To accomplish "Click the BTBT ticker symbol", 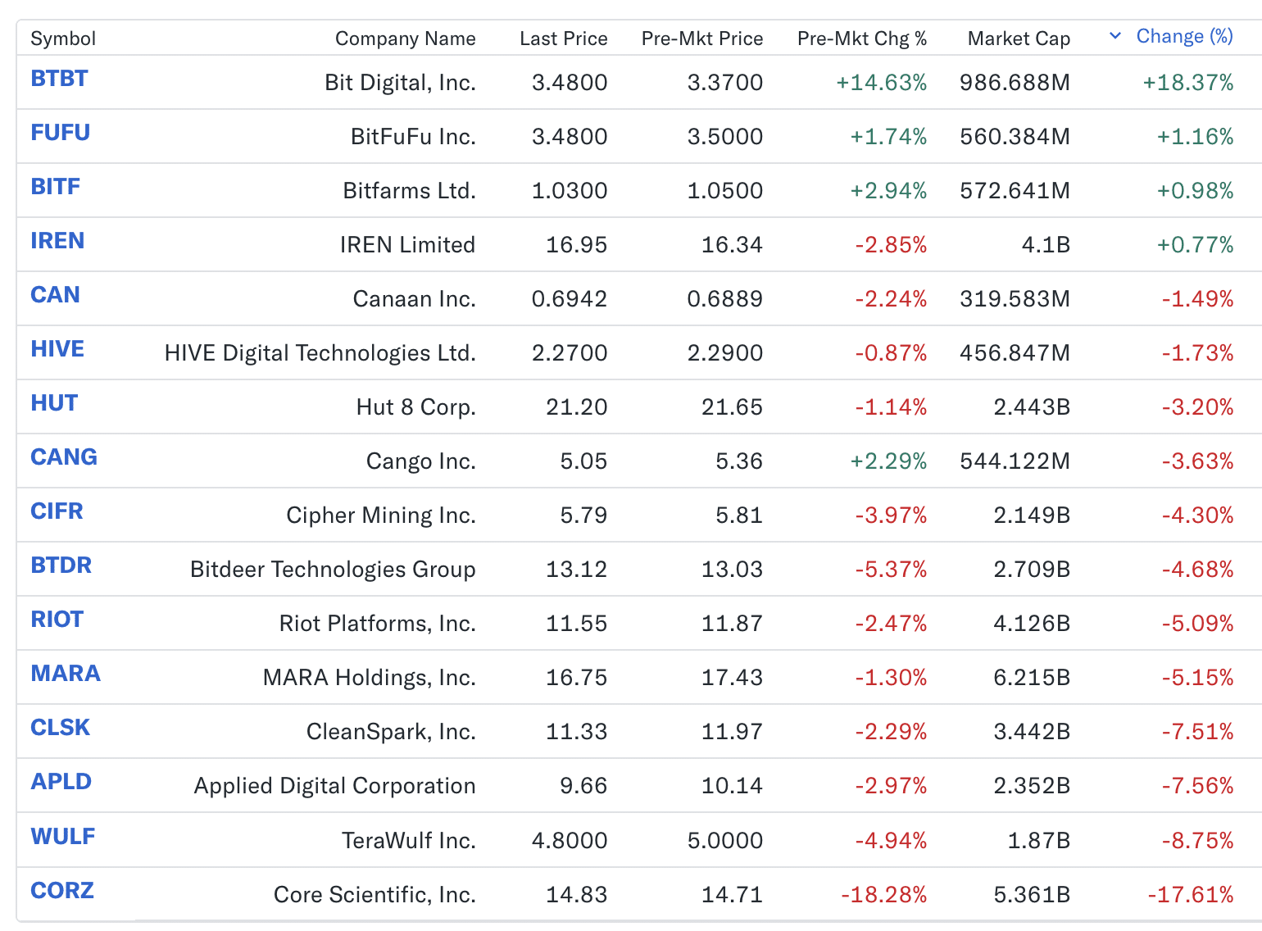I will point(59,79).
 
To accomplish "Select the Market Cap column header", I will point(1019,39).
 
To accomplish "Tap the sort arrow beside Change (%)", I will point(1114,36).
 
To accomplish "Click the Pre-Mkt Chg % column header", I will point(861,39).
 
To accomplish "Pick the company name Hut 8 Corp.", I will point(415,407).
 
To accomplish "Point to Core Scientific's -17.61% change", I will point(1190,895).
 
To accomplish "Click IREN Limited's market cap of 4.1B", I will point(1046,245).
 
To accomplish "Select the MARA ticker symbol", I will point(66,674).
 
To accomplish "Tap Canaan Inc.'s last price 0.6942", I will point(569,299).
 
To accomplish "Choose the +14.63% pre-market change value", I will point(881,83).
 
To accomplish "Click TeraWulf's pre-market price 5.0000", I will point(724,841).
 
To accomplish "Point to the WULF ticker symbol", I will point(63,837).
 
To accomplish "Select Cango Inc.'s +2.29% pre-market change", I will point(888,461).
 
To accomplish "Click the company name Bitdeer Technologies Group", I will point(333,570).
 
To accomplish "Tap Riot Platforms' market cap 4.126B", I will point(1032,624).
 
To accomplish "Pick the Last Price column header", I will point(563,39).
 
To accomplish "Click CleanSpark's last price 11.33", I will point(576,732).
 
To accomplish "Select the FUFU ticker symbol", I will point(61,133).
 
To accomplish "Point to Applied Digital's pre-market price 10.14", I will point(732,786).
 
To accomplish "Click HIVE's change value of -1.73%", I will point(1197,353).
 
